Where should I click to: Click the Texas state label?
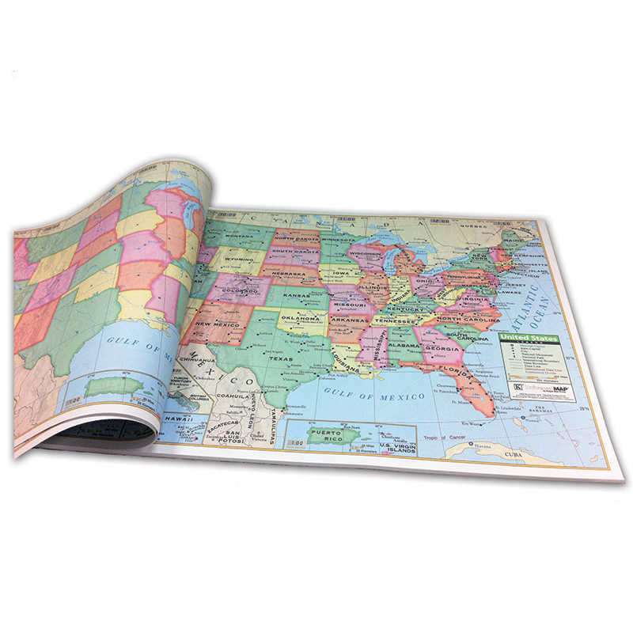click(280, 358)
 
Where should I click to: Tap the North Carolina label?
click(467, 318)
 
